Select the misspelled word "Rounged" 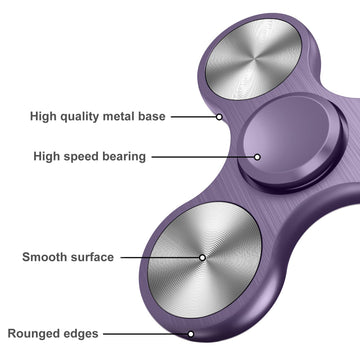click(x=36, y=334)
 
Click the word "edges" click(x=82, y=334)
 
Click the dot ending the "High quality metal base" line click(x=219, y=116)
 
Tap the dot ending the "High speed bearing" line click(x=257, y=156)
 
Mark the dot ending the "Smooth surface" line click(x=203, y=257)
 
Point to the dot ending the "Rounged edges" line click(x=190, y=334)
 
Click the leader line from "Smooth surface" click(x=160, y=257)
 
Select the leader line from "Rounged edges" click(x=145, y=334)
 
